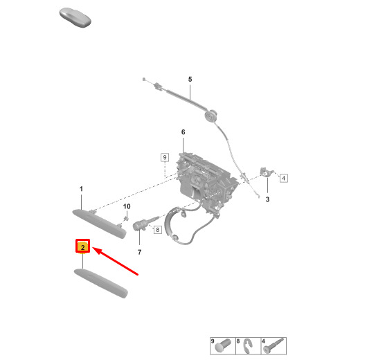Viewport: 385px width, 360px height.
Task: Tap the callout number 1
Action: [x=81, y=189]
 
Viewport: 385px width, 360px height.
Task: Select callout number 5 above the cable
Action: [x=190, y=80]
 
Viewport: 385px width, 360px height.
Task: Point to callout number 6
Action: [x=183, y=132]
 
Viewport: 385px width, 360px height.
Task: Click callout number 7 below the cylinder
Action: [x=139, y=252]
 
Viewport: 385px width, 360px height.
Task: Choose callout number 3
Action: [x=267, y=199]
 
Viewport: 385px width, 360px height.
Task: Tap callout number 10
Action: [x=127, y=206]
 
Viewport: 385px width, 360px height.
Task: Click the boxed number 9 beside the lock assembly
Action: [x=165, y=157]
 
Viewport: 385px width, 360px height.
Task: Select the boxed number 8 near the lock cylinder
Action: [x=158, y=230]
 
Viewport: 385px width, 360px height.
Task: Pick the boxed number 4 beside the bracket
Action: [x=284, y=178]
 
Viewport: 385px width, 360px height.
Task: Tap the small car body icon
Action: [x=75, y=17]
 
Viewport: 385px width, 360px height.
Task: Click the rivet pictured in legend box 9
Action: [x=223, y=345]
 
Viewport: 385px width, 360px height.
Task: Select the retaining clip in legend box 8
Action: [x=247, y=345]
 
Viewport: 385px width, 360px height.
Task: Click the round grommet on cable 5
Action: [x=211, y=116]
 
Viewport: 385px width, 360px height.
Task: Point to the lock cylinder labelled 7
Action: [x=143, y=224]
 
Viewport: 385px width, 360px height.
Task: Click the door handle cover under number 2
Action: [x=100, y=283]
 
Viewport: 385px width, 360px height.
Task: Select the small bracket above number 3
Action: [x=266, y=172]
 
